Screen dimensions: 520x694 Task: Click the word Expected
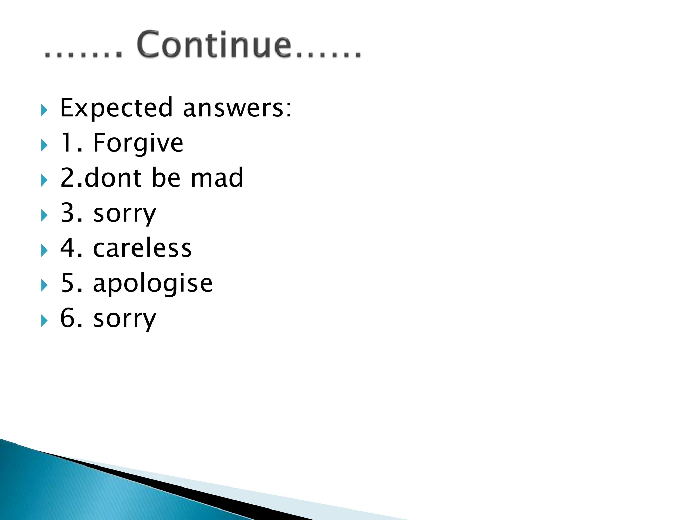click(x=116, y=108)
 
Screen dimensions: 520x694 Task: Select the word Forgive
click(x=138, y=143)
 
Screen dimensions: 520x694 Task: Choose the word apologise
click(x=152, y=284)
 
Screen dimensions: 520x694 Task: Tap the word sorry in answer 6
click(x=125, y=319)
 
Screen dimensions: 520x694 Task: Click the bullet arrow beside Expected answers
click(x=44, y=110)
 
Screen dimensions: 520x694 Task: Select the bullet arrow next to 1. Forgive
click(x=44, y=145)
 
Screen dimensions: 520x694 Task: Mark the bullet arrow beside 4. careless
click(x=44, y=251)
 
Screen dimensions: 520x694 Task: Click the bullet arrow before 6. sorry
click(x=44, y=321)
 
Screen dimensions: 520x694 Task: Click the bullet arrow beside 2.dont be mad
click(x=44, y=180)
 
